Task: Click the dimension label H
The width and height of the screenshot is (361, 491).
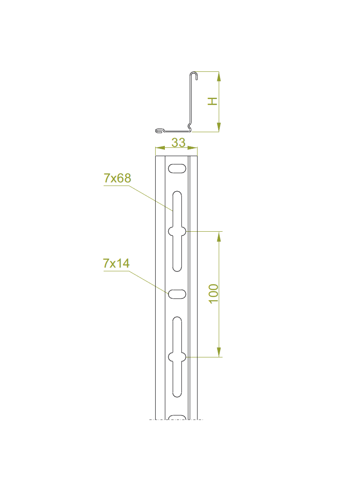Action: [213, 101]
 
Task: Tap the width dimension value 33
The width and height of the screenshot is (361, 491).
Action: [179, 142]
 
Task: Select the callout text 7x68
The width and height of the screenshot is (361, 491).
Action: [117, 178]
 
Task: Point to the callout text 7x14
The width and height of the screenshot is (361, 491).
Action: [116, 263]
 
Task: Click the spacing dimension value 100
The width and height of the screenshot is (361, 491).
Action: [214, 294]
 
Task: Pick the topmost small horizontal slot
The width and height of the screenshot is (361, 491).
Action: [177, 169]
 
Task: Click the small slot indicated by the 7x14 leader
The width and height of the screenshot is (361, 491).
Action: [177, 294]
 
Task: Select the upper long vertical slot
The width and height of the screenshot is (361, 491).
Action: [177, 231]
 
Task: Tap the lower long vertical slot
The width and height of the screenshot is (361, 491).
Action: [177, 357]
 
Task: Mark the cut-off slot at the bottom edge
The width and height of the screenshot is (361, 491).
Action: [177, 417]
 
